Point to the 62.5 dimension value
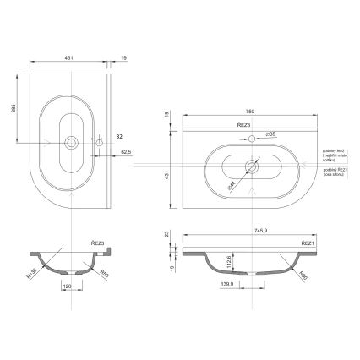[126, 152]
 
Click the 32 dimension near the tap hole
[119, 135]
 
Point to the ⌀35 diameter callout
[271, 134]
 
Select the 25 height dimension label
[168, 234]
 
